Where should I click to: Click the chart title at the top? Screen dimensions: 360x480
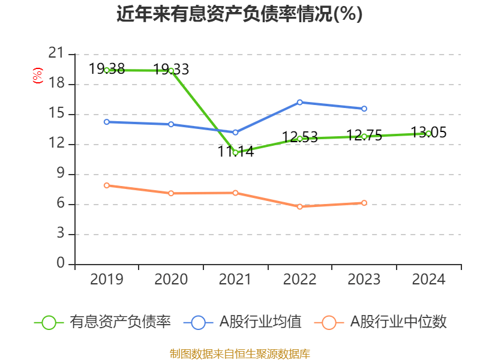coord(239,14)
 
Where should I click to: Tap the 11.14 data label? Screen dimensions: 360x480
coord(236,152)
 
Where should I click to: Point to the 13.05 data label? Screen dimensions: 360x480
coord(428,132)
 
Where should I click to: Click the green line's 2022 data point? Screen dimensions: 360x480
coord(300,139)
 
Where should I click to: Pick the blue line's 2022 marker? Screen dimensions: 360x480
coord(300,102)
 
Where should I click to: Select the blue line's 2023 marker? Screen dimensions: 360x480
coord(364,109)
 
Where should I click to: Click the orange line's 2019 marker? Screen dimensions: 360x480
coord(107,185)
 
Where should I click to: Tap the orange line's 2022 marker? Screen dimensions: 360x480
coord(300,206)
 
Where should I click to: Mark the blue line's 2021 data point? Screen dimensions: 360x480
coord(235,132)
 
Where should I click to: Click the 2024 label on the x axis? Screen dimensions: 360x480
coord(428,280)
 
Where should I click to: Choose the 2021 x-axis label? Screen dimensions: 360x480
coord(235,280)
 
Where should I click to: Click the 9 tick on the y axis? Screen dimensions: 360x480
coord(60,174)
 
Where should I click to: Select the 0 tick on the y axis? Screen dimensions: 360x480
coord(60,264)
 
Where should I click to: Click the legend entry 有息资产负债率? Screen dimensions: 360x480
coord(121,322)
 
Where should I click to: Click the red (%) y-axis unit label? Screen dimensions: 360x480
coord(38,76)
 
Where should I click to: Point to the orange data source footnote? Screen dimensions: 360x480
coord(239,353)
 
